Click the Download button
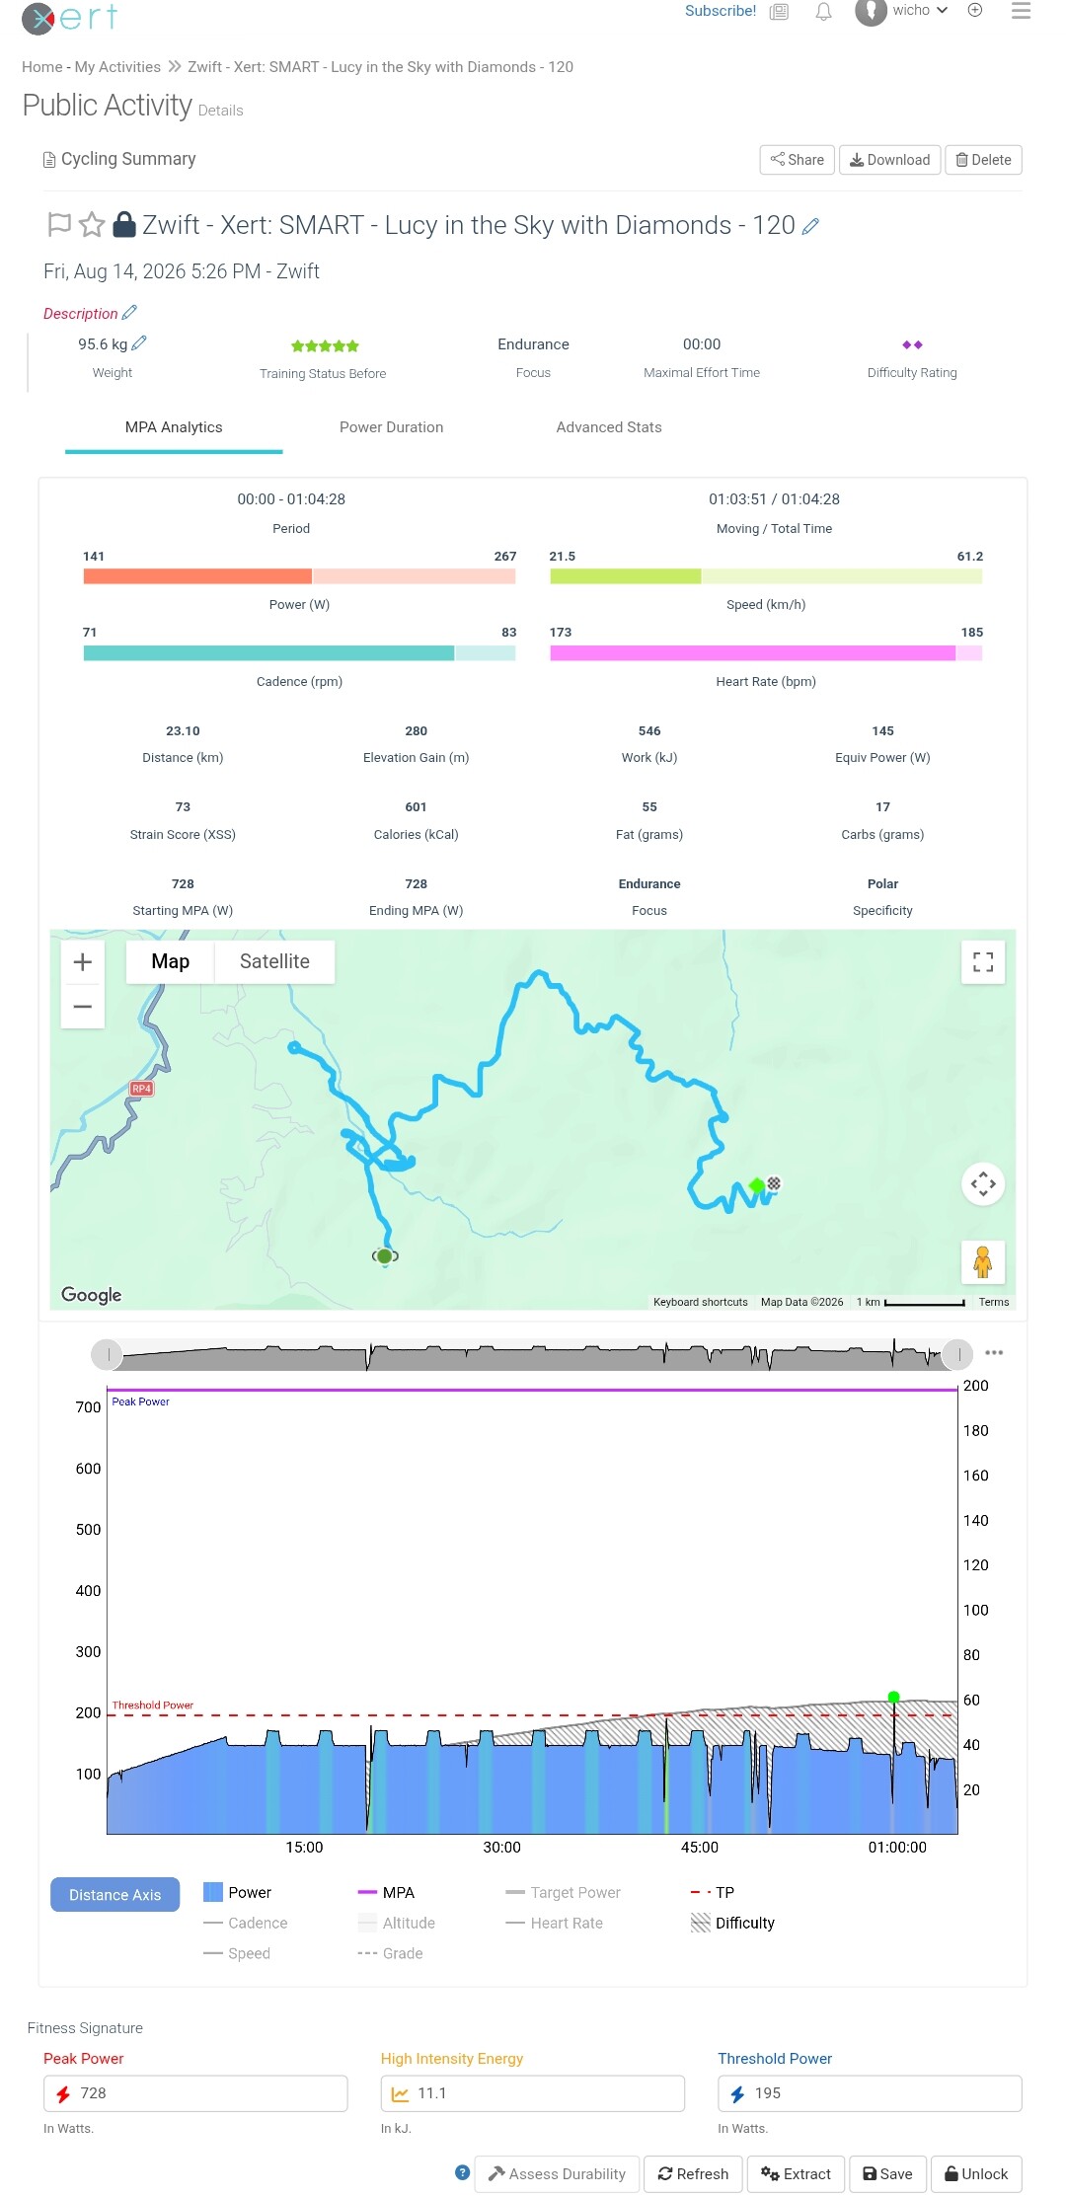click(889, 160)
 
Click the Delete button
click(983, 160)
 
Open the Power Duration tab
click(391, 427)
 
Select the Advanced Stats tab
click(609, 427)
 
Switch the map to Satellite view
click(274, 961)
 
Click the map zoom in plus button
click(83, 962)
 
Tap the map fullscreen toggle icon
click(983, 962)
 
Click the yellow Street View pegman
click(983, 1262)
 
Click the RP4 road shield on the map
click(141, 1089)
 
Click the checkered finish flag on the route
click(775, 1183)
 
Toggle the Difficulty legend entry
click(732, 1923)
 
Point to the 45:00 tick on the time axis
click(700, 1847)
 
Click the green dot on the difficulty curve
click(894, 1698)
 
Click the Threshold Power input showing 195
click(870, 2093)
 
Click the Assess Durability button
click(558, 2173)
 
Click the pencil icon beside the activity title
click(810, 227)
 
